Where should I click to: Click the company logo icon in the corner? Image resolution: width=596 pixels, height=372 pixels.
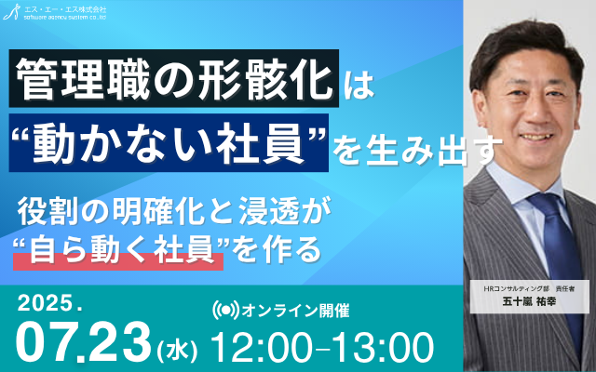(x=11, y=12)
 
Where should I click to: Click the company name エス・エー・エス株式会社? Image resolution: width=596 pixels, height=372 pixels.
(x=65, y=9)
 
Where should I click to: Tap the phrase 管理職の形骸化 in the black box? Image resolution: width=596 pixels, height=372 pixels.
(x=174, y=78)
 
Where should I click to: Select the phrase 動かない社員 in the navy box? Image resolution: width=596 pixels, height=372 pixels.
(x=169, y=143)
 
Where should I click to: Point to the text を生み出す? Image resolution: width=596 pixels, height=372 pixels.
(x=417, y=150)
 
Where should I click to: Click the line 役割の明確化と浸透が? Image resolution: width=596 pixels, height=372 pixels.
(x=173, y=212)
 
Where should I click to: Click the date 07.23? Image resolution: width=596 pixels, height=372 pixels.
(x=85, y=342)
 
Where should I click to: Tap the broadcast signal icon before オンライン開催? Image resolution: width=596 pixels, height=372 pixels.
(x=225, y=310)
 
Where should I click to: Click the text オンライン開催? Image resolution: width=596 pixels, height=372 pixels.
(x=295, y=311)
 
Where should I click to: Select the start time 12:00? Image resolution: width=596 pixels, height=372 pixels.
(x=261, y=348)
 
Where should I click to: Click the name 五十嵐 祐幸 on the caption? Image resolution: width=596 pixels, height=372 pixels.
(x=530, y=301)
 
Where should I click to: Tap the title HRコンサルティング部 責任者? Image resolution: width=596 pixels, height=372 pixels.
(x=529, y=289)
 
